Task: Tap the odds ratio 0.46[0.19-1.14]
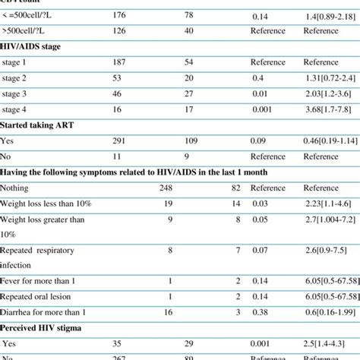click(330, 141)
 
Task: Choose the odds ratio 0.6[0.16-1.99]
click(330, 312)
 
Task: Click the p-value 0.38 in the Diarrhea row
click(259, 312)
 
